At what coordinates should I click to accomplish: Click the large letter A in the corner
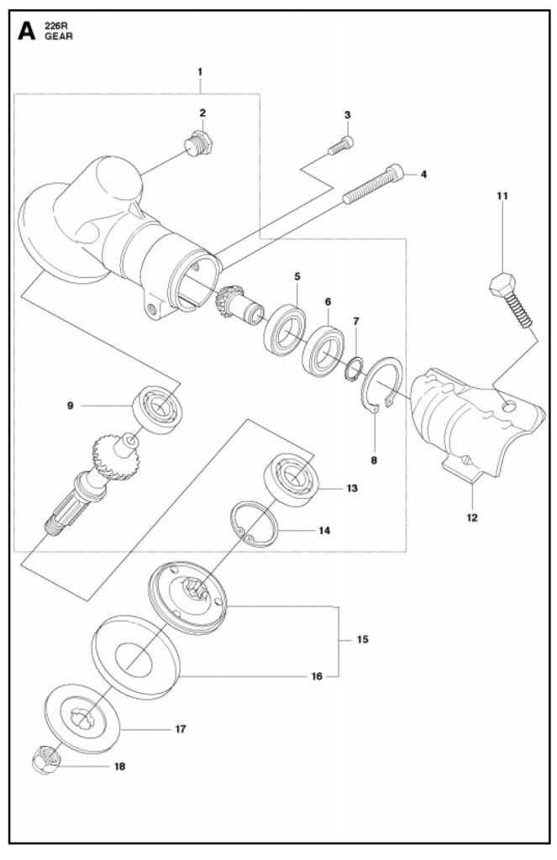[x=26, y=31]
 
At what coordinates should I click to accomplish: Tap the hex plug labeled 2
[x=198, y=144]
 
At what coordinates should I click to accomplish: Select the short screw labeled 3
[x=341, y=145]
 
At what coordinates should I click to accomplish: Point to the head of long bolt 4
[x=396, y=173]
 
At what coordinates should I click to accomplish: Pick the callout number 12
[x=472, y=517]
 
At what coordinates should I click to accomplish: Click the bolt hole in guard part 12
[x=510, y=406]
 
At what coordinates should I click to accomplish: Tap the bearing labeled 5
[x=284, y=331]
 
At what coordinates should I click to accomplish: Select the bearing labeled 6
[x=323, y=351]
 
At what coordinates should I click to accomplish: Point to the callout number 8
[x=374, y=461]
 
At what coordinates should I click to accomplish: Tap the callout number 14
[x=324, y=531]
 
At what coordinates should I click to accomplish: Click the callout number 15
[x=363, y=639]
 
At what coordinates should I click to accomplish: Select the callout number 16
[x=317, y=676]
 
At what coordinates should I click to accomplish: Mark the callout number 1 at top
[x=200, y=71]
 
